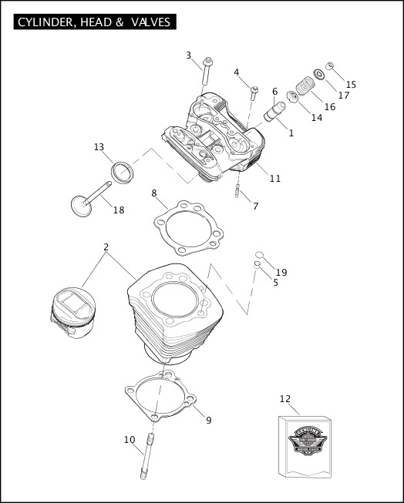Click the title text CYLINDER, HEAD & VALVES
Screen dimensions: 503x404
(93, 22)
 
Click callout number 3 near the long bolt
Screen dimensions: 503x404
(188, 55)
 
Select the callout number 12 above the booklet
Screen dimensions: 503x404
(284, 398)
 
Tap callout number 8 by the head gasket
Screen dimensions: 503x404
(154, 193)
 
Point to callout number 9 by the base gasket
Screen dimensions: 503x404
(208, 420)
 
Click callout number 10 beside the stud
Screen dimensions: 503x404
(129, 440)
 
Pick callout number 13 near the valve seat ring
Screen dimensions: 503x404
(99, 147)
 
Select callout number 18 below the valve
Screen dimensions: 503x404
(118, 210)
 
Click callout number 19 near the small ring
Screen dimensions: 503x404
(281, 272)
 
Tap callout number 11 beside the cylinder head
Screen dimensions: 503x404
(275, 178)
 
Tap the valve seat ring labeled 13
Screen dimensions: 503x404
(123, 174)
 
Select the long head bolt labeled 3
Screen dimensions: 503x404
(207, 74)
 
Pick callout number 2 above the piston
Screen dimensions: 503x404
(106, 247)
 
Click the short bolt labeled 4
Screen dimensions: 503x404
(254, 96)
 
